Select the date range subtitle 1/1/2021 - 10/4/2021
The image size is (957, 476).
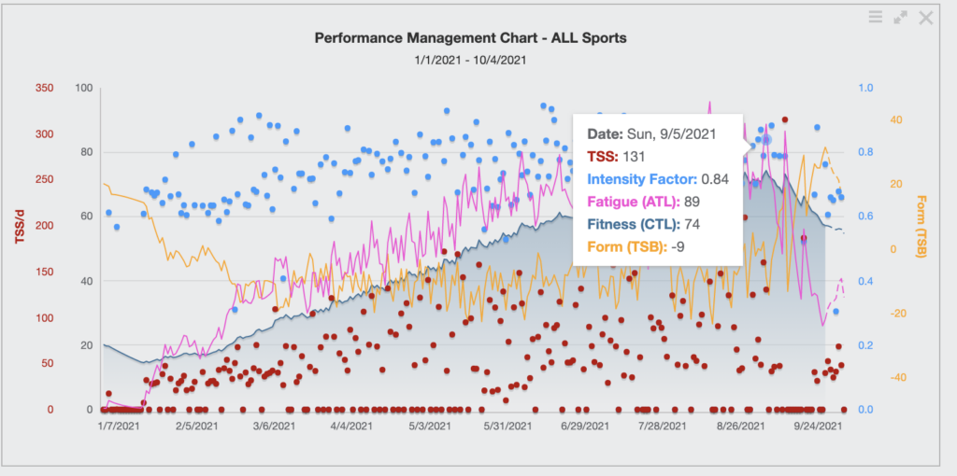click(471, 61)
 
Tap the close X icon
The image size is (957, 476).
click(926, 18)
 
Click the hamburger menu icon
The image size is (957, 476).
click(875, 17)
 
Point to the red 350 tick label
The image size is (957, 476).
click(45, 88)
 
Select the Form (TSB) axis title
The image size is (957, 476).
click(921, 227)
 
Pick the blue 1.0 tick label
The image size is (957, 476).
click(865, 88)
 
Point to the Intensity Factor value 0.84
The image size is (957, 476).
click(715, 179)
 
